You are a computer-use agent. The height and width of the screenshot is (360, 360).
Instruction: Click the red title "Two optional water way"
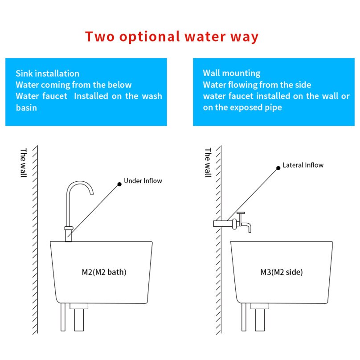(x=172, y=36)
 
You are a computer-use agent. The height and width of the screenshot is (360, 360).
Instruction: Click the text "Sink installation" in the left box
(x=47, y=74)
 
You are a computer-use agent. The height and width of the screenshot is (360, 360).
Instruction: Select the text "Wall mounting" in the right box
(x=231, y=73)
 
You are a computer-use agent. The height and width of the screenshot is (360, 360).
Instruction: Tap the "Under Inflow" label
(x=143, y=181)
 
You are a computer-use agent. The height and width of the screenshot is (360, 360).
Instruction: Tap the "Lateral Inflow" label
(x=303, y=165)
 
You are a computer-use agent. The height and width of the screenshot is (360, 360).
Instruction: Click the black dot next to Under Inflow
(x=119, y=184)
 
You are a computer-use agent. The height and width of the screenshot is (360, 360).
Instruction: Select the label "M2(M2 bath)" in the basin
(x=101, y=272)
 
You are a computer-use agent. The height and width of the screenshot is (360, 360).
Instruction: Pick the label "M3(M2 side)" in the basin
(x=281, y=272)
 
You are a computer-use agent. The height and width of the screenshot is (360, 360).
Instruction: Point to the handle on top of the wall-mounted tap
(x=241, y=213)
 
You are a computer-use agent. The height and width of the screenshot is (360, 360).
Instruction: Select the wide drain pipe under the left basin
(x=79, y=319)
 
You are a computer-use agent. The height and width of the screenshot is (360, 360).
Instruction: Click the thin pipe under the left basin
(x=63, y=317)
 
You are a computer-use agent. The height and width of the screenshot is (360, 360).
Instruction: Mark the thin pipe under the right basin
(x=243, y=317)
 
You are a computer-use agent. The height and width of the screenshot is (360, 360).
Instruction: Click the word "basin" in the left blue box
(x=26, y=107)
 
